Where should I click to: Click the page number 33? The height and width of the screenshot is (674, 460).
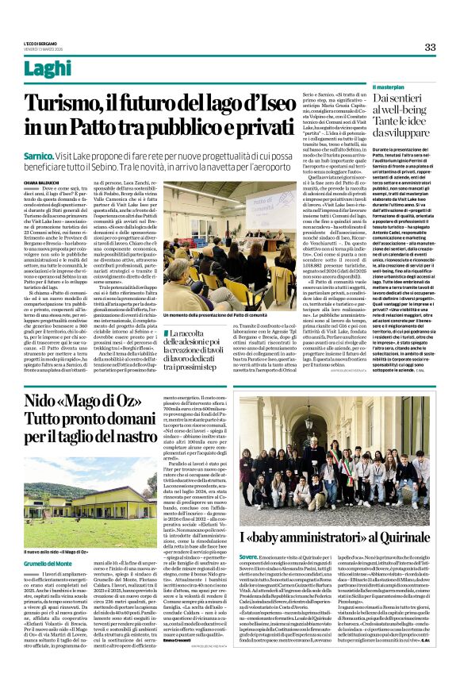430,47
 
